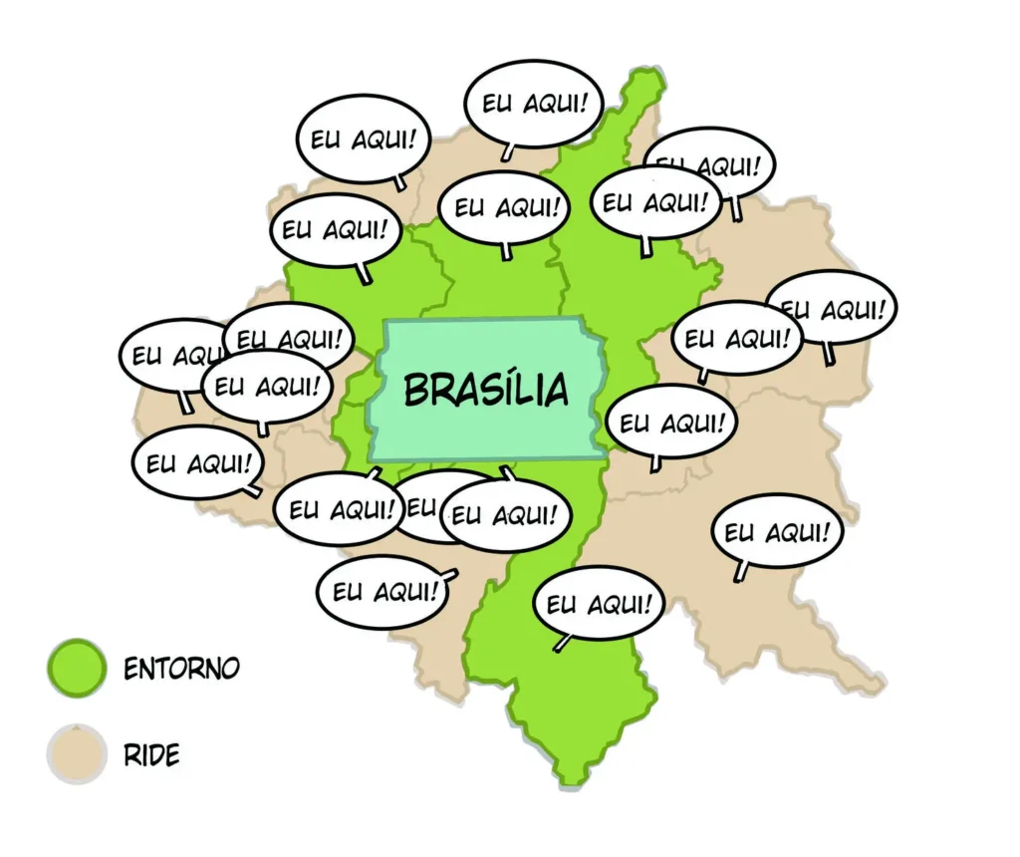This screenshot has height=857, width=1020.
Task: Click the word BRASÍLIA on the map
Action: [485, 389]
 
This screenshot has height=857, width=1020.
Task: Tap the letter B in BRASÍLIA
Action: [416, 390]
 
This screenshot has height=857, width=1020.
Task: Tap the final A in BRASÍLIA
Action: [557, 390]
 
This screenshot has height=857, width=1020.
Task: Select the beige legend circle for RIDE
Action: [76, 754]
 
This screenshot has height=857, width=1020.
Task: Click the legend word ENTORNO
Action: [181, 668]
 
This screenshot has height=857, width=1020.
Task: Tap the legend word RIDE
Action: [151, 755]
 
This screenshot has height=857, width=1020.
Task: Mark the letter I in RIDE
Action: [142, 755]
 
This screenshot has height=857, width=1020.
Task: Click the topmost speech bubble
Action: [533, 103]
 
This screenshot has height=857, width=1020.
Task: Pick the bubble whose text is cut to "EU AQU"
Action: [164, 354]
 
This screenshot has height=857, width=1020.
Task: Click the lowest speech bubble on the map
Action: [599, 603]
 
